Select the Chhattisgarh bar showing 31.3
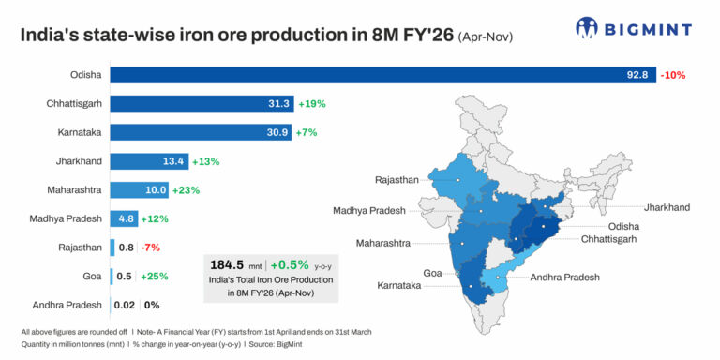coord(202,104)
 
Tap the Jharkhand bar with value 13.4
coord(149,161)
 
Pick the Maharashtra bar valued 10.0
coord(141,190)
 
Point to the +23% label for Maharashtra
coord(187,190)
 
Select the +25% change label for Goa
coord(154,277)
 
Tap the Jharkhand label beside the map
coord(667,206)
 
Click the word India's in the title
coord(47,37)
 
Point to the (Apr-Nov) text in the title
coord(492,37)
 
